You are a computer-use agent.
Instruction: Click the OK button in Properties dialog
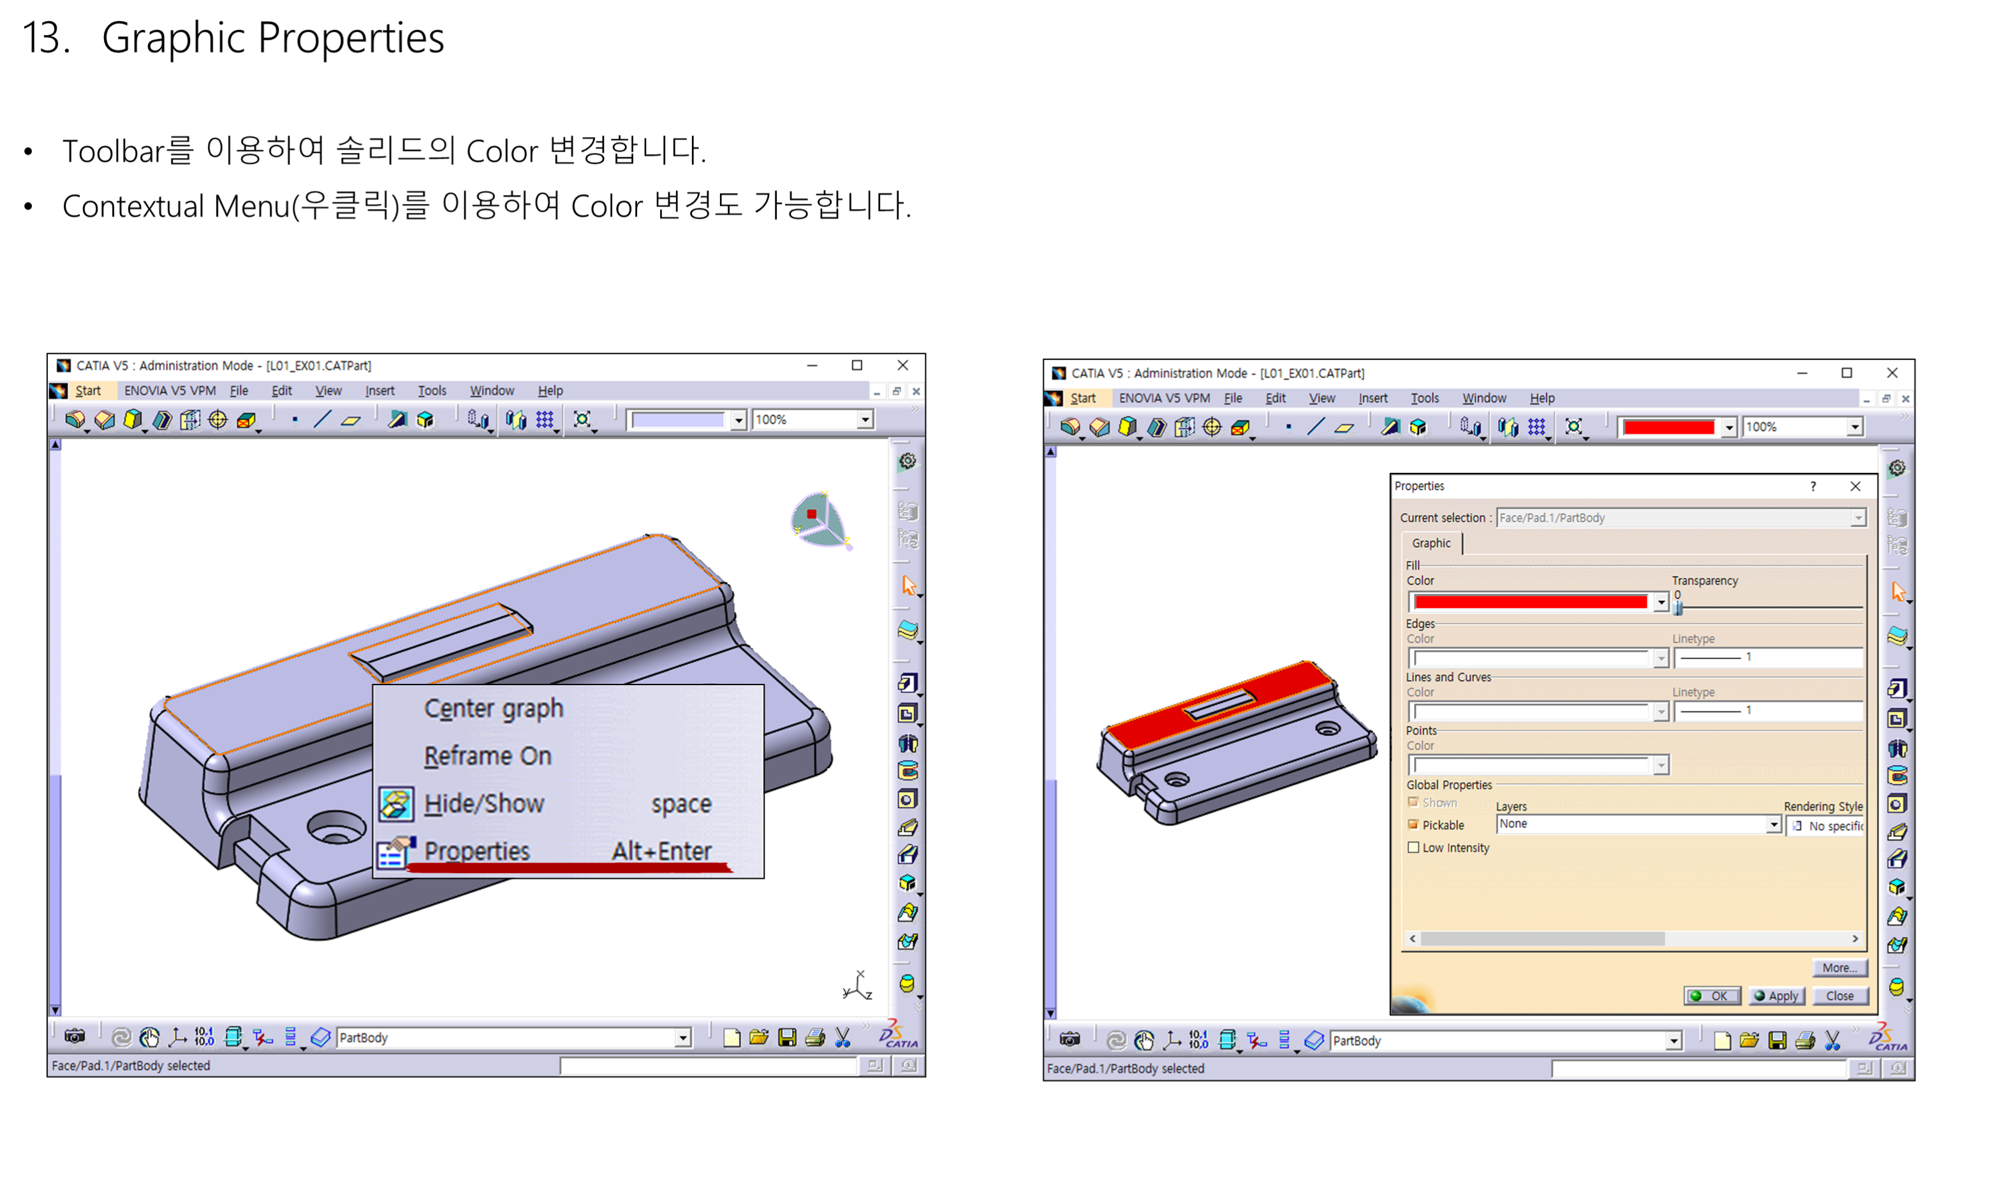pos(1711,996)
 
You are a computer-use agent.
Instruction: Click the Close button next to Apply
pos(1839,996)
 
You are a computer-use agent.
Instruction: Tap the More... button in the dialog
pos(1839,968)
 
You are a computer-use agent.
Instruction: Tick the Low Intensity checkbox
pos(1413,848)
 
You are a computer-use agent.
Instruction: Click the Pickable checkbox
pos(1413,825)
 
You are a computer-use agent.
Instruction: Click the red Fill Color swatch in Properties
pos(1530,602)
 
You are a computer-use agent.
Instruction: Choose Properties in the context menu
pos(477,851)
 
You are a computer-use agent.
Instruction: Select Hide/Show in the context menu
pos(484,804)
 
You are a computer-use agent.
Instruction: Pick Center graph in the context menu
pos(494,709)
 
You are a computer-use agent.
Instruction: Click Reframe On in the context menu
pos(488,756)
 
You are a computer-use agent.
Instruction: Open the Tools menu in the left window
pos(432,391)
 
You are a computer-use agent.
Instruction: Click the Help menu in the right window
pos(1542,398)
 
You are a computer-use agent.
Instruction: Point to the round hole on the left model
pos(336,827)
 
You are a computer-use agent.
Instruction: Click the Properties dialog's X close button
pos(1855,486)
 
